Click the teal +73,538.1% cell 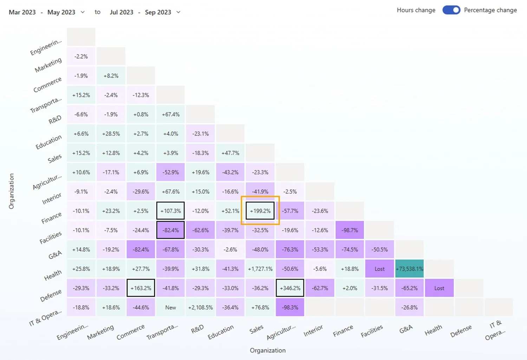pos(409,269)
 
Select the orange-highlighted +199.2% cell pos(260,211)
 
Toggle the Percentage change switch pos(451,10)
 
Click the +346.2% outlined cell pos(290,288)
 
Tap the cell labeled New pos(170,307)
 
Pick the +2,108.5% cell pos(200,307)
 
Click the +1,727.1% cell pos(260,269)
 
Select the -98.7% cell pos(350,230)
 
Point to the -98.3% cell pos(290,307)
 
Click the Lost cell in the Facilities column pos(379,269)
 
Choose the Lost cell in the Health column pos(439,288)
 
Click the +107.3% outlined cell pos(170,211)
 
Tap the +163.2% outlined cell pos(141,288)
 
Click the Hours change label pos(416,10)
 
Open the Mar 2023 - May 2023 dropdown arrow pos(83,12)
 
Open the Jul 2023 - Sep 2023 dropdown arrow pos(178,12)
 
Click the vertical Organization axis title pos(12,191)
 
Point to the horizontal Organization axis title pos(267,350)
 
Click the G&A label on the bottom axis pos(406,329)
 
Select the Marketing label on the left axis pos(48,65)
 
